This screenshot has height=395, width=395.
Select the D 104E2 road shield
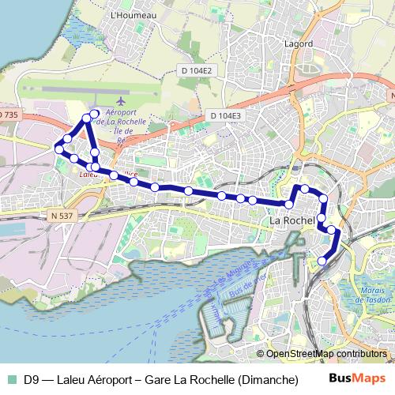coord(197,70)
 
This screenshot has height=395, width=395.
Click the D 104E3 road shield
coord(225,116)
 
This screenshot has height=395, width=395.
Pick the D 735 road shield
coord(6,115)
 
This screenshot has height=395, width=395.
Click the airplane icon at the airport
coord(120,101)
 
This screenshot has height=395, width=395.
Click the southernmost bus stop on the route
coord(322,261)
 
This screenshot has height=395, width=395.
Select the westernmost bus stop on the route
coord(58,149)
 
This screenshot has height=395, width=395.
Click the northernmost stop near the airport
coord(95,114)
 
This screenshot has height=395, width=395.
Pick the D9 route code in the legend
coord(32,380)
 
